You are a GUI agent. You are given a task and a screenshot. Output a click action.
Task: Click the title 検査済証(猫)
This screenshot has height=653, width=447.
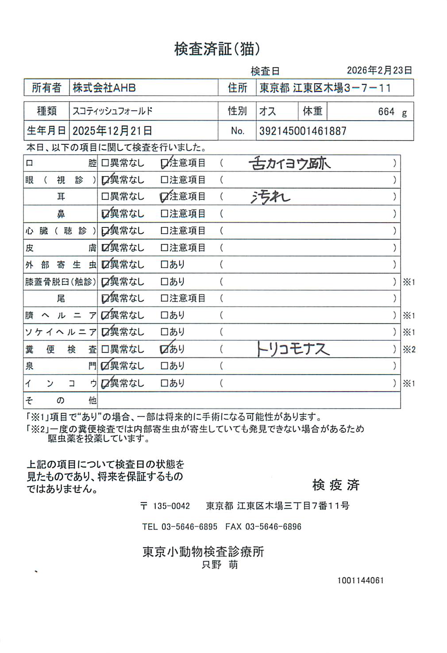[217, 49]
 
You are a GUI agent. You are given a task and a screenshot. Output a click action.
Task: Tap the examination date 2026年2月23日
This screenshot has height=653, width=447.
[379, 70]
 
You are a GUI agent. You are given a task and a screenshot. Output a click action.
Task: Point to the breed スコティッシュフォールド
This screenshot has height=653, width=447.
[112, 111]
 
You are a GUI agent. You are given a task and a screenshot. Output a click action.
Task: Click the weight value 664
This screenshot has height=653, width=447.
[386, 111]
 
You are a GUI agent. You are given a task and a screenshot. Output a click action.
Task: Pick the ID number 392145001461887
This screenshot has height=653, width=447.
[303, 131]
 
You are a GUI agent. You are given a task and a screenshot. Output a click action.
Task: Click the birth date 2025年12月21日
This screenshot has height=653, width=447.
[112, 131]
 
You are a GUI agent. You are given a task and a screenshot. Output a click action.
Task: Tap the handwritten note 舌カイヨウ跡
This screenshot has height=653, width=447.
[290, 163]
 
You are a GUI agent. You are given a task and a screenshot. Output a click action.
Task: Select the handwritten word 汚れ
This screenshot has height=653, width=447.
[270, 196]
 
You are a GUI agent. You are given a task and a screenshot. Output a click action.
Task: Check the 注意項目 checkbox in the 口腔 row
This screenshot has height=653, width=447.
[164, 163]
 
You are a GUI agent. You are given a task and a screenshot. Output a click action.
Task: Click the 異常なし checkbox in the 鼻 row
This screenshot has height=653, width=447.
[105, 214]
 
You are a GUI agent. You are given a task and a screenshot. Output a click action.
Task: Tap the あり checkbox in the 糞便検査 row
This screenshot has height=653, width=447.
[164, 350]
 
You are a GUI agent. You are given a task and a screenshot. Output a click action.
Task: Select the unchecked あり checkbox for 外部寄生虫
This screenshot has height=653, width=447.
[164, 265]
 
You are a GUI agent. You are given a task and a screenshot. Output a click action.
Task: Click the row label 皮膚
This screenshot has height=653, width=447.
[60, 248]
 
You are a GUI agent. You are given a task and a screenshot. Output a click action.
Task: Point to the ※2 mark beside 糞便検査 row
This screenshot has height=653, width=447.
[409, 350]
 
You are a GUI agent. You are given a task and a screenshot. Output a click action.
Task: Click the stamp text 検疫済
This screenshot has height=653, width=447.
[336, 485]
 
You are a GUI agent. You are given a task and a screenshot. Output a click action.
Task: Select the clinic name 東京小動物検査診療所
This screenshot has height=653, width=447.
[203, 552]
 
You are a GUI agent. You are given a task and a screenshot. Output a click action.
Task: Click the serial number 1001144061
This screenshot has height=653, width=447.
[360, 580]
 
